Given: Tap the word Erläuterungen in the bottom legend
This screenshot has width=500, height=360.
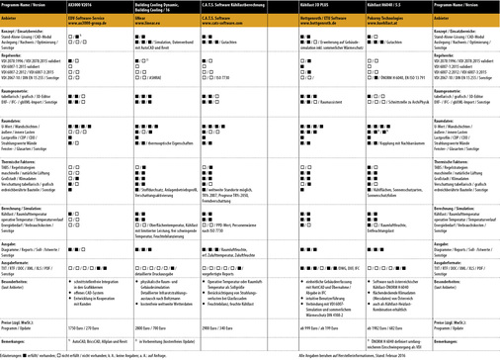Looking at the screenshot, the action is pyautogui.click(x=14, y=352).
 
